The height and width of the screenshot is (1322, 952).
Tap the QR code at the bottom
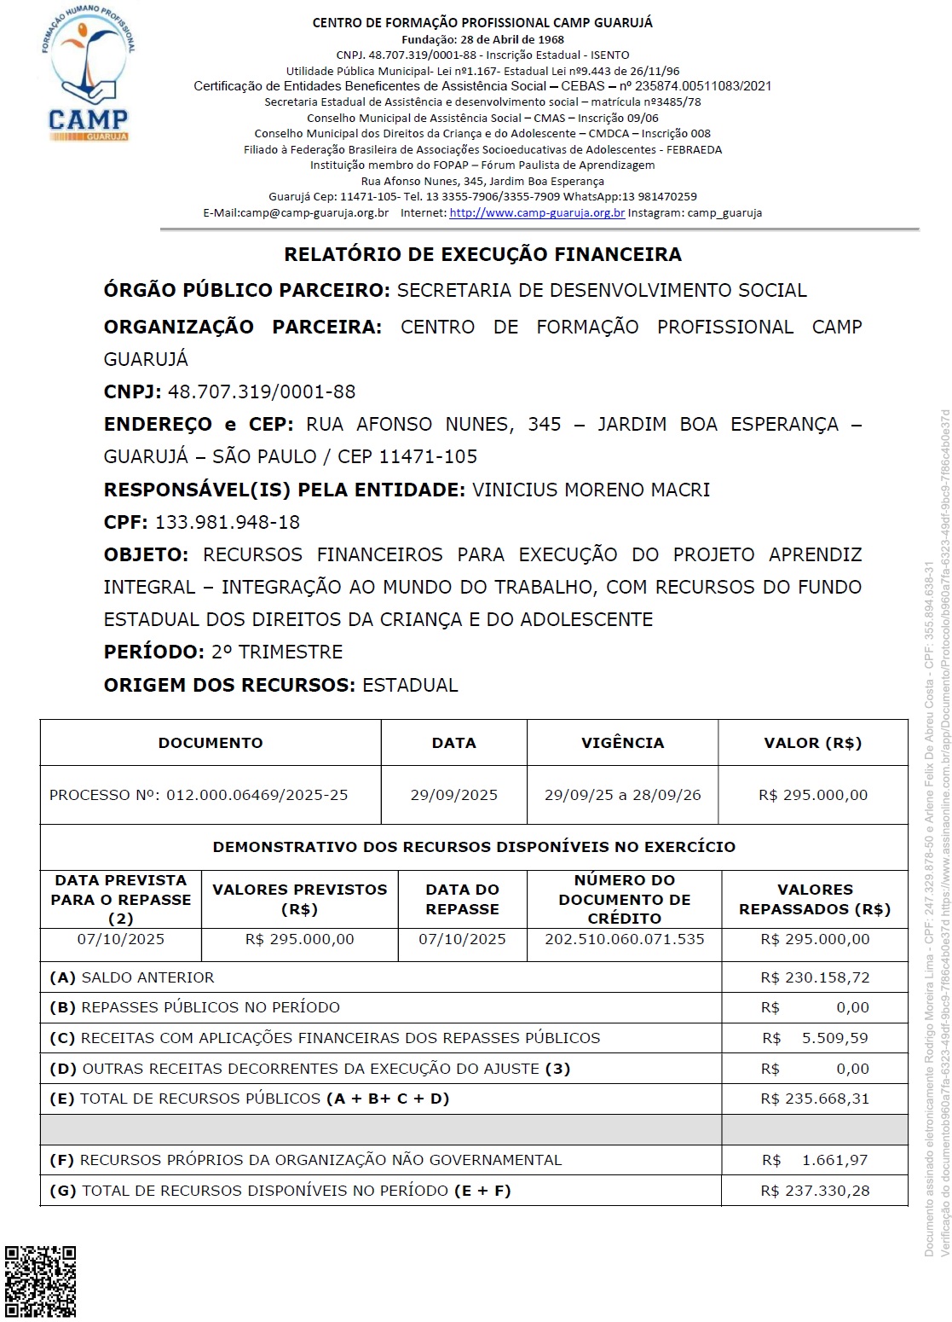(40, 1281)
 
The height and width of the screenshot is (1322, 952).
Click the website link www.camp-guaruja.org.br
(537, 213)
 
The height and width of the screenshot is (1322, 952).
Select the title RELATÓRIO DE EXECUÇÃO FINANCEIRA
(482, 254)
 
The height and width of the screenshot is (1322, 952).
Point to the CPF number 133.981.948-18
(228, 522)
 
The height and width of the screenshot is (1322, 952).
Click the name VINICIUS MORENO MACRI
(591, 490)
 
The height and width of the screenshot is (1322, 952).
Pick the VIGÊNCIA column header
(622, 743)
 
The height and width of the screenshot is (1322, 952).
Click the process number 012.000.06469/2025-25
(257, 795)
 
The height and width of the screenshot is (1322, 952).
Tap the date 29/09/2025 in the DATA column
(453, 795)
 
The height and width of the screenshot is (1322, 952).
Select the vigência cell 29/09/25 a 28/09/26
(622, 795)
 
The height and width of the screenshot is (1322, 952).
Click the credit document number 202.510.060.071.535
(625, 939)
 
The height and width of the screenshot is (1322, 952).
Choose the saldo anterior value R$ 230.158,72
(815, 977)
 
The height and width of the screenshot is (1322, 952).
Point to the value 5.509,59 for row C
(834, 1038)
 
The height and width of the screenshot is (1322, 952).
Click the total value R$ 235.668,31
(815, 1099)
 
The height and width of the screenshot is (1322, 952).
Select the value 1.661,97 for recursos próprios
(834, 1160)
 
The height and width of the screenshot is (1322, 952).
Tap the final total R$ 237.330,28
(815, 1191)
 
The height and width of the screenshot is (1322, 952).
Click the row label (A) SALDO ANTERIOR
(132, 977)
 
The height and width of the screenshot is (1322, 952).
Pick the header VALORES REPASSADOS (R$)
(815, 899)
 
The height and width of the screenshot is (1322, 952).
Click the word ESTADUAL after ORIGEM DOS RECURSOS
(410, 685)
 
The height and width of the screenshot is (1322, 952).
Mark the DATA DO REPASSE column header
(462, 899)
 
